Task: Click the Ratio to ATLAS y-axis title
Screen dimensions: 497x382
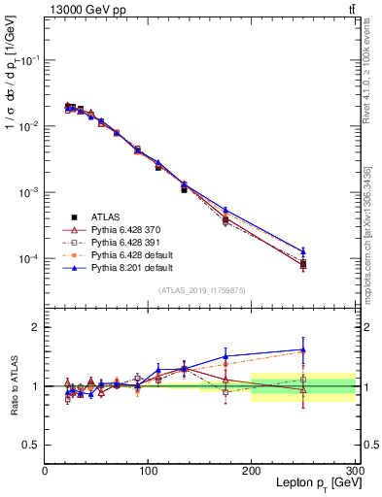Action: click(13, 387)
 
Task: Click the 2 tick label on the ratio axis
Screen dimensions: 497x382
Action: click(36, 327)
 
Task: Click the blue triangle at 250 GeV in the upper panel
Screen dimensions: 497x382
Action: click(303, 251)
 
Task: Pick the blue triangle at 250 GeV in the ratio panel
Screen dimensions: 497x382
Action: click(303, 349)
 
